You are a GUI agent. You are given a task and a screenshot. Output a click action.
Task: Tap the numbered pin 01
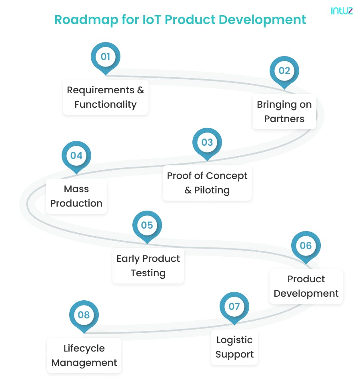(106, 57)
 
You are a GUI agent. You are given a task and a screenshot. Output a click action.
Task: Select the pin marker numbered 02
(284, 71)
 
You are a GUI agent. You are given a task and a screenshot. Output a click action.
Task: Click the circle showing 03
(207, 143)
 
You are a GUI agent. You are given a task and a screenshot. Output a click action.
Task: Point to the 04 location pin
(76, 155)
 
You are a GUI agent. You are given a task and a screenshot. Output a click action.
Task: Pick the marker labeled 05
(147, 225)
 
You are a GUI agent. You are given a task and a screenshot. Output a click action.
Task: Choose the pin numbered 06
(306, 245)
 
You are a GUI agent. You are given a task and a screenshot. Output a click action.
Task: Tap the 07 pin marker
(234, 307)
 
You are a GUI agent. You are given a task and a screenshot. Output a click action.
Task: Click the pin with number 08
(84, 315)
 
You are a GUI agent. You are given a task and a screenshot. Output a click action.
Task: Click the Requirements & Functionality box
(106, 97)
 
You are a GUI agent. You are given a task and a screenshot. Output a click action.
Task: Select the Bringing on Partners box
(284, 112)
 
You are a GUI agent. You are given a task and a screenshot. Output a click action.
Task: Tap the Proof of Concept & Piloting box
(207, 183)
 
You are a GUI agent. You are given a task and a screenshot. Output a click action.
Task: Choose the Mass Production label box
(76, 196)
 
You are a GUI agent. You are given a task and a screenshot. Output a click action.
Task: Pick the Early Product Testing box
(148, 266)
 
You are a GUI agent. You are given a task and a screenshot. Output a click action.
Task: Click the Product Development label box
(306, 286)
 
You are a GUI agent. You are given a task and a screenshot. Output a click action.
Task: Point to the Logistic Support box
(234, 347)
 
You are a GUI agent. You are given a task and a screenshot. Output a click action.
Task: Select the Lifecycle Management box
(84, 356)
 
